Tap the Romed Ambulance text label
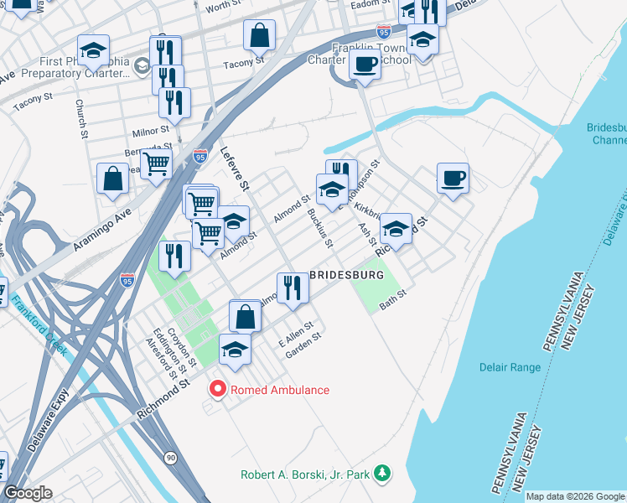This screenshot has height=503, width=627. pyautogui.click(x=280, y=390)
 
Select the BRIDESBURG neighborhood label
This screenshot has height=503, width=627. pyautogui.click(x=347, y=275)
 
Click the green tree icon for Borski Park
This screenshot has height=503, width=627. pyautogui.click(x=382, y=474)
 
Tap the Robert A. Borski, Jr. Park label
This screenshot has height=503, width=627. pyautogui.click(x=305, y=474)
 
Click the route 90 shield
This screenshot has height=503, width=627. pyautogui.click(x=170, y=457)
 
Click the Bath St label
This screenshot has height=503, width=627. pyautogui.click(x=392, y=299)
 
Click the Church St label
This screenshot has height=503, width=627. pyautogui.click(x=81, y=118)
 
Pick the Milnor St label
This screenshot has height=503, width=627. pyautogui.click(x=151, y=131)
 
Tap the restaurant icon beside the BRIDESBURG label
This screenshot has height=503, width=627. pyautogui.click(x=293, y=288)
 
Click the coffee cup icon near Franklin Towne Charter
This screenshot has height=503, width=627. pyautogui.click(x=364, y=65)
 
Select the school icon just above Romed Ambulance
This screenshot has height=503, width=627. pyautogui.click(x=236, y=350)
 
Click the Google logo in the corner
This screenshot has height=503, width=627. pyautogui.click(x=28, y=493)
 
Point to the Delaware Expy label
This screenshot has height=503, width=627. pyautogui.click(x=42, y=433)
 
